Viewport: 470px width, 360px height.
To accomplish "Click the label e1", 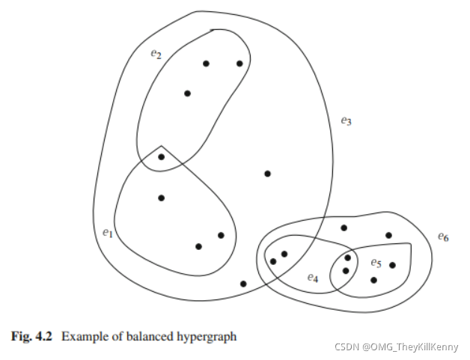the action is pyautogui.click(x=107, y=233).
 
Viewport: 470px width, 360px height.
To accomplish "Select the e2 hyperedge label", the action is pyautogui.click(x=156, y=54).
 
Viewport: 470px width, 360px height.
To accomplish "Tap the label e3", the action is pyautogui.click(x=345, y=120).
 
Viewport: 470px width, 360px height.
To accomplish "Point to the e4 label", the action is pyautogui.click(x=313, y=278).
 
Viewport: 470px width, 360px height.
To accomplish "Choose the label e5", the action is pyautogui.click(x=376, y=263).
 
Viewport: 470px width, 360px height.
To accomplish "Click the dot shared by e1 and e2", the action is pyautogui.click(x=162, y=156).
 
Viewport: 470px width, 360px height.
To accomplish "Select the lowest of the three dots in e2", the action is pyautogui.click(x=187, y=94).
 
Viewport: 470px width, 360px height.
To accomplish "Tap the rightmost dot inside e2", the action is pyautogui.click(x=239, y=64).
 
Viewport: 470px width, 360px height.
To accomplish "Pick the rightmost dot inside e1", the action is pyautogui.click(x=221, y=235).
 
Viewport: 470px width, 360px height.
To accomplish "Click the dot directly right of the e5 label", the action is pyautogui.click(x=392, y=265).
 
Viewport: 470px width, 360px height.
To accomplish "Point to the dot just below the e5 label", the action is pyautogui.click(x=373, y=280).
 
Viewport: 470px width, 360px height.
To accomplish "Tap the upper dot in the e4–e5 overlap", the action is pyautogui.click(x=347, y=257).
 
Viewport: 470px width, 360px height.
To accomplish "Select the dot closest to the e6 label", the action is pyautogui.click(x=388, y=235).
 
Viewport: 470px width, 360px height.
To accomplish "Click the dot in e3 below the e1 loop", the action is pyautogui.click(x=243, y=284).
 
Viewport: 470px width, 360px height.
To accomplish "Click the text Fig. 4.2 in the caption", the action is pyautogui.click(x=31, y=337).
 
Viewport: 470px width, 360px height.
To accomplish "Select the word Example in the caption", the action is pyautogui.click(x=82, y=337).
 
